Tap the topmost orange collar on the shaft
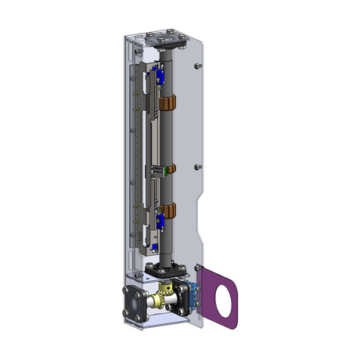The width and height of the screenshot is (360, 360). coord(167,103)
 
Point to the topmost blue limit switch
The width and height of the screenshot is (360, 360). coord(159,77)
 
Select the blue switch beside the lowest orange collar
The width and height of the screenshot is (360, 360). coord(159,223)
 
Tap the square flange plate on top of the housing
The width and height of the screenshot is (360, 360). coord(166,38)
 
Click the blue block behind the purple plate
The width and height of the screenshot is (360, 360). coord(189,295)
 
